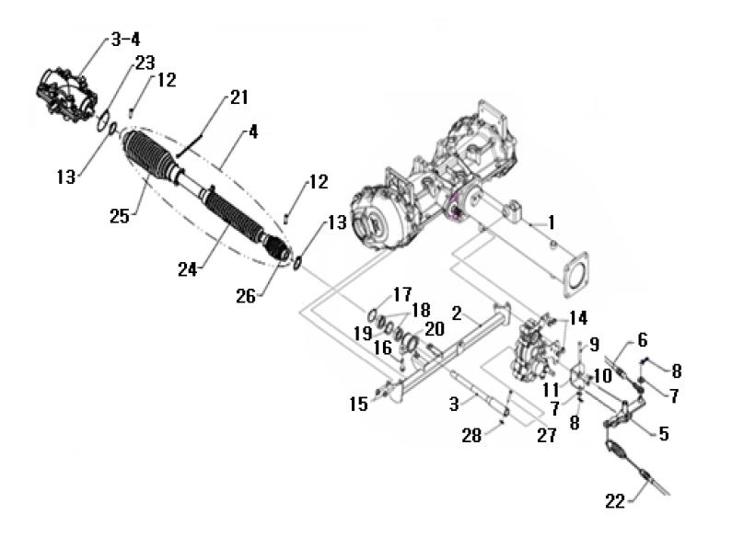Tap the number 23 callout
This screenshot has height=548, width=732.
pyautogui.click(x=145, y=63)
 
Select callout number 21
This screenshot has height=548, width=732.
pyautogui.click(x=238, y=97)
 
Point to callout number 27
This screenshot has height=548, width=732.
pyautogui.click(x=546, y=437)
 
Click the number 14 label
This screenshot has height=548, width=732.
pyautogui.click(x=577, y=318)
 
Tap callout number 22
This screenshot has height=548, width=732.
pyautogui.click(x=615, y=501)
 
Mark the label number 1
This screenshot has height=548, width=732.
pyautogui.click(x=551, y=222)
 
